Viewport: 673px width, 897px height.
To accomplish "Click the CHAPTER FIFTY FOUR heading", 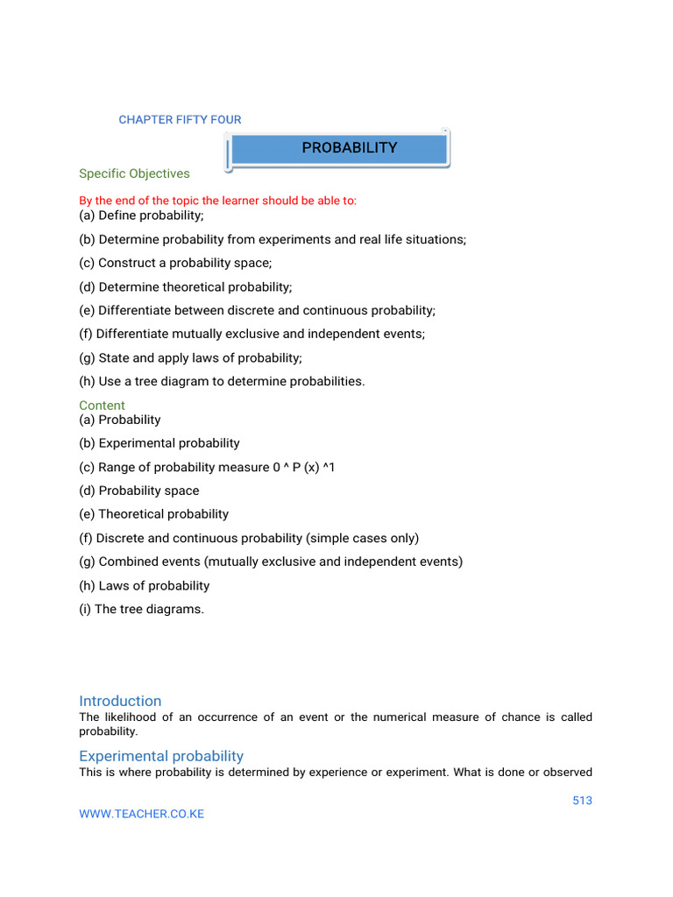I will coord(180,120).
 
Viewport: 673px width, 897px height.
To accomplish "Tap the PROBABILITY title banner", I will coord(349,148).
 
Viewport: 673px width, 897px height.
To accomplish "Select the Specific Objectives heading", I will coord(134,173).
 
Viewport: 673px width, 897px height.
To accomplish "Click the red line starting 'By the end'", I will coord(217,201).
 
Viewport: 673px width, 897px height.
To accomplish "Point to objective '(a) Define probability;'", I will coord(141,215).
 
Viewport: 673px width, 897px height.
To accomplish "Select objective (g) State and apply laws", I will coord(190,357).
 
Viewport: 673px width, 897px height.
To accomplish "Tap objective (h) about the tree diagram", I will coord(222,381).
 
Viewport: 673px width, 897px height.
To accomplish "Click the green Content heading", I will coord(102,406).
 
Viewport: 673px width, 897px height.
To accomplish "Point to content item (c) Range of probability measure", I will coord(207,467).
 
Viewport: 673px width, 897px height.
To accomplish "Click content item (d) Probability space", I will coord(138,491).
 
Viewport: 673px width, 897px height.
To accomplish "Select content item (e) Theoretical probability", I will coord(153,514).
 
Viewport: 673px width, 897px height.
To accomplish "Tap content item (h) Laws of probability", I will coord(144,585).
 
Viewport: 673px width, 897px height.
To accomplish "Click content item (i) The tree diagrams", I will coord(141,609).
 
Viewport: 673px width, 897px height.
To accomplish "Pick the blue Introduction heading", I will coord(120,701).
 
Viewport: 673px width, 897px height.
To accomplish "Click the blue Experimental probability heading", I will coord(161,756).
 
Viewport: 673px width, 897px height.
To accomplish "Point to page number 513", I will coord(581,801).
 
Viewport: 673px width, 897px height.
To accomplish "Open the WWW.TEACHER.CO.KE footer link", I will coord(141,814).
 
